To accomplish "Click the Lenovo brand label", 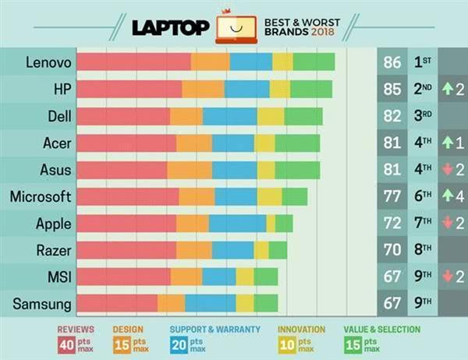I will [48, 62].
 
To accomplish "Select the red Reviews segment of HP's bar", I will [129, 89].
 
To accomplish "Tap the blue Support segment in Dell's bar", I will [230, 116].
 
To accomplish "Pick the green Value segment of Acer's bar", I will [297, 143].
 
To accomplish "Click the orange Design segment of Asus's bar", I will [190, 170].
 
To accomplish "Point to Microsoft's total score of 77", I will [392, 196].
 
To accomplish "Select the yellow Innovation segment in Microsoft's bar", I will [270, 196].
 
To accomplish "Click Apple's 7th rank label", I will [422, 224].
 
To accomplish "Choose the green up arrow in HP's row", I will [448, 89].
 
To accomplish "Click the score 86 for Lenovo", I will [392, 62].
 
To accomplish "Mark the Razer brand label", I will [54, 250].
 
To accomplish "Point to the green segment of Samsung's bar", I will [266, 303].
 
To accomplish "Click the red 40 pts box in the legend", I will [66, 344].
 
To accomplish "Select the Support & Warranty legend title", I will [214, 330].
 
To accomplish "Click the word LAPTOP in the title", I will [171, 28].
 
